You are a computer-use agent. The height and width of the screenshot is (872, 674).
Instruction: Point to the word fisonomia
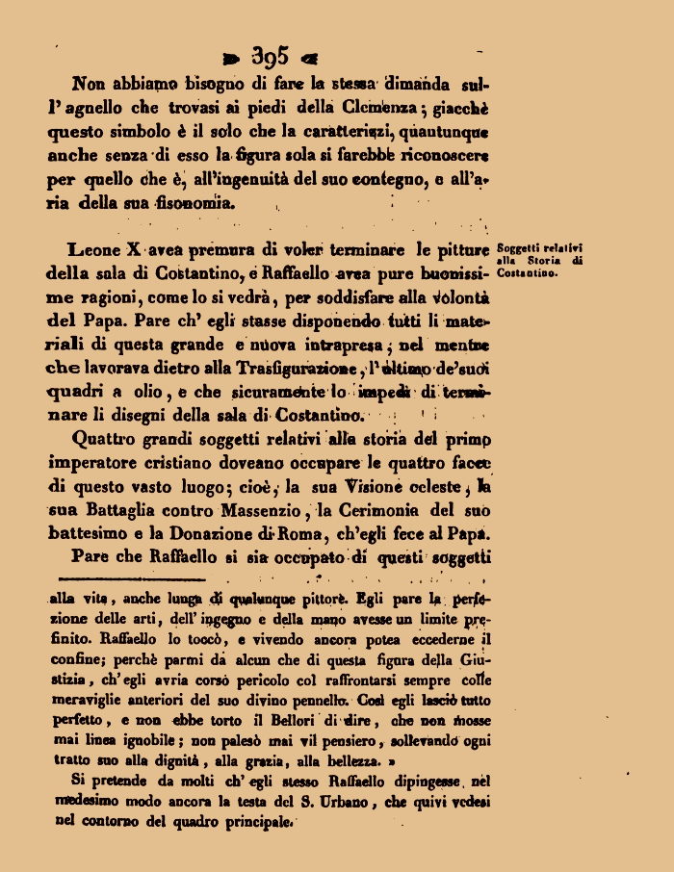coord(192,203)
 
